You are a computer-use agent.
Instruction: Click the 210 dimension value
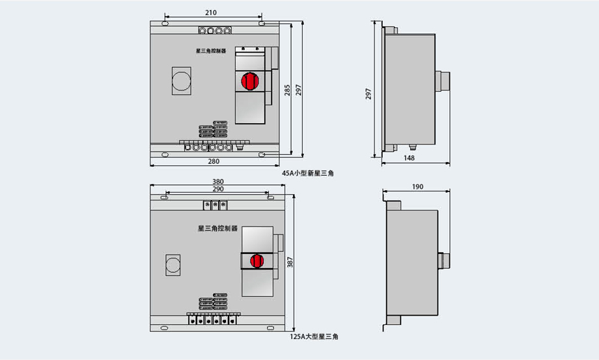pos(210,12)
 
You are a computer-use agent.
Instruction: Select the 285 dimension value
pos(287,90)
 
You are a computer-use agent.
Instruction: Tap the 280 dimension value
pos(214,161)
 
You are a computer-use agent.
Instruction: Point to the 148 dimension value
pos(409,158)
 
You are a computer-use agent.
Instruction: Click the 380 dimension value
pos(218,182)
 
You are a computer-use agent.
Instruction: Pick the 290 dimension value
pos(218,189)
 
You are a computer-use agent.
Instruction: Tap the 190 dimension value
pos(417,187)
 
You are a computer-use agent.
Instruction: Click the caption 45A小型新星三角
pos(307,173)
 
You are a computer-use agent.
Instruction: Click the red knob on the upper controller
pos(249,81)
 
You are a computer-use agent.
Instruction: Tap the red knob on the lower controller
pos(257,260)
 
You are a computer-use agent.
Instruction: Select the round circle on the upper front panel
pos(180,81)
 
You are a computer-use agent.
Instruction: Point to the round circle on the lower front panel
pos(174,265)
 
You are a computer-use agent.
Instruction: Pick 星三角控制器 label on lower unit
pos(217,228)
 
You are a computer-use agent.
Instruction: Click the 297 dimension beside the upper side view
pos(369,93)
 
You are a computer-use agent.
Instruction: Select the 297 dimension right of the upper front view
pos(298,90)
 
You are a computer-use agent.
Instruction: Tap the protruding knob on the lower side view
pos(444,260)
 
